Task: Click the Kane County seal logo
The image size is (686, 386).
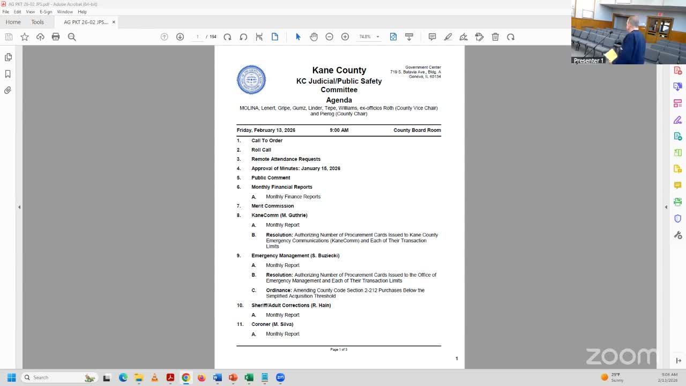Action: (251, 80)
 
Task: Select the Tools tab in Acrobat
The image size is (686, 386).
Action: (38, 22)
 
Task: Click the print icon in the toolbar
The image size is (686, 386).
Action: (56, 36)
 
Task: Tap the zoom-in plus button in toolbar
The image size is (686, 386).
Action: (345, 36)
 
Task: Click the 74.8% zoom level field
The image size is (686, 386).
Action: (365, 36)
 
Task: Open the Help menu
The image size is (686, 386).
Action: (82, 11)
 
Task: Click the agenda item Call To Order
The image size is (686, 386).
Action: (267, 140)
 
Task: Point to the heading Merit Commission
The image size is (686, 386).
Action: (272, 206)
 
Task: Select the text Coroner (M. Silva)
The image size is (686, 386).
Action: (272, 324)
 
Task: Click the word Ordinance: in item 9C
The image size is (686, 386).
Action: (279, 290)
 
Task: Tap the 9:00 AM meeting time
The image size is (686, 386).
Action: (339, 130)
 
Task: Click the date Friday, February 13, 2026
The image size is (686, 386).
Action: (266, 130)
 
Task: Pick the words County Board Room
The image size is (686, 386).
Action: (417, 130)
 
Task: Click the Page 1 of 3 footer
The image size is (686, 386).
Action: (339, 350)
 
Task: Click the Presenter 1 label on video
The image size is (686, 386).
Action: (588, 61)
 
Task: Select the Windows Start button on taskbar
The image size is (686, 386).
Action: (11, 377)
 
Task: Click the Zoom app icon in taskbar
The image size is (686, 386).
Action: (280, 377)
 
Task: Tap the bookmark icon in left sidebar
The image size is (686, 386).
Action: (8, 74)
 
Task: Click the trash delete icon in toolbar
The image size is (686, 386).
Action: (495, 36)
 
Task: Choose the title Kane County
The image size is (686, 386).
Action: (339, 70)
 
